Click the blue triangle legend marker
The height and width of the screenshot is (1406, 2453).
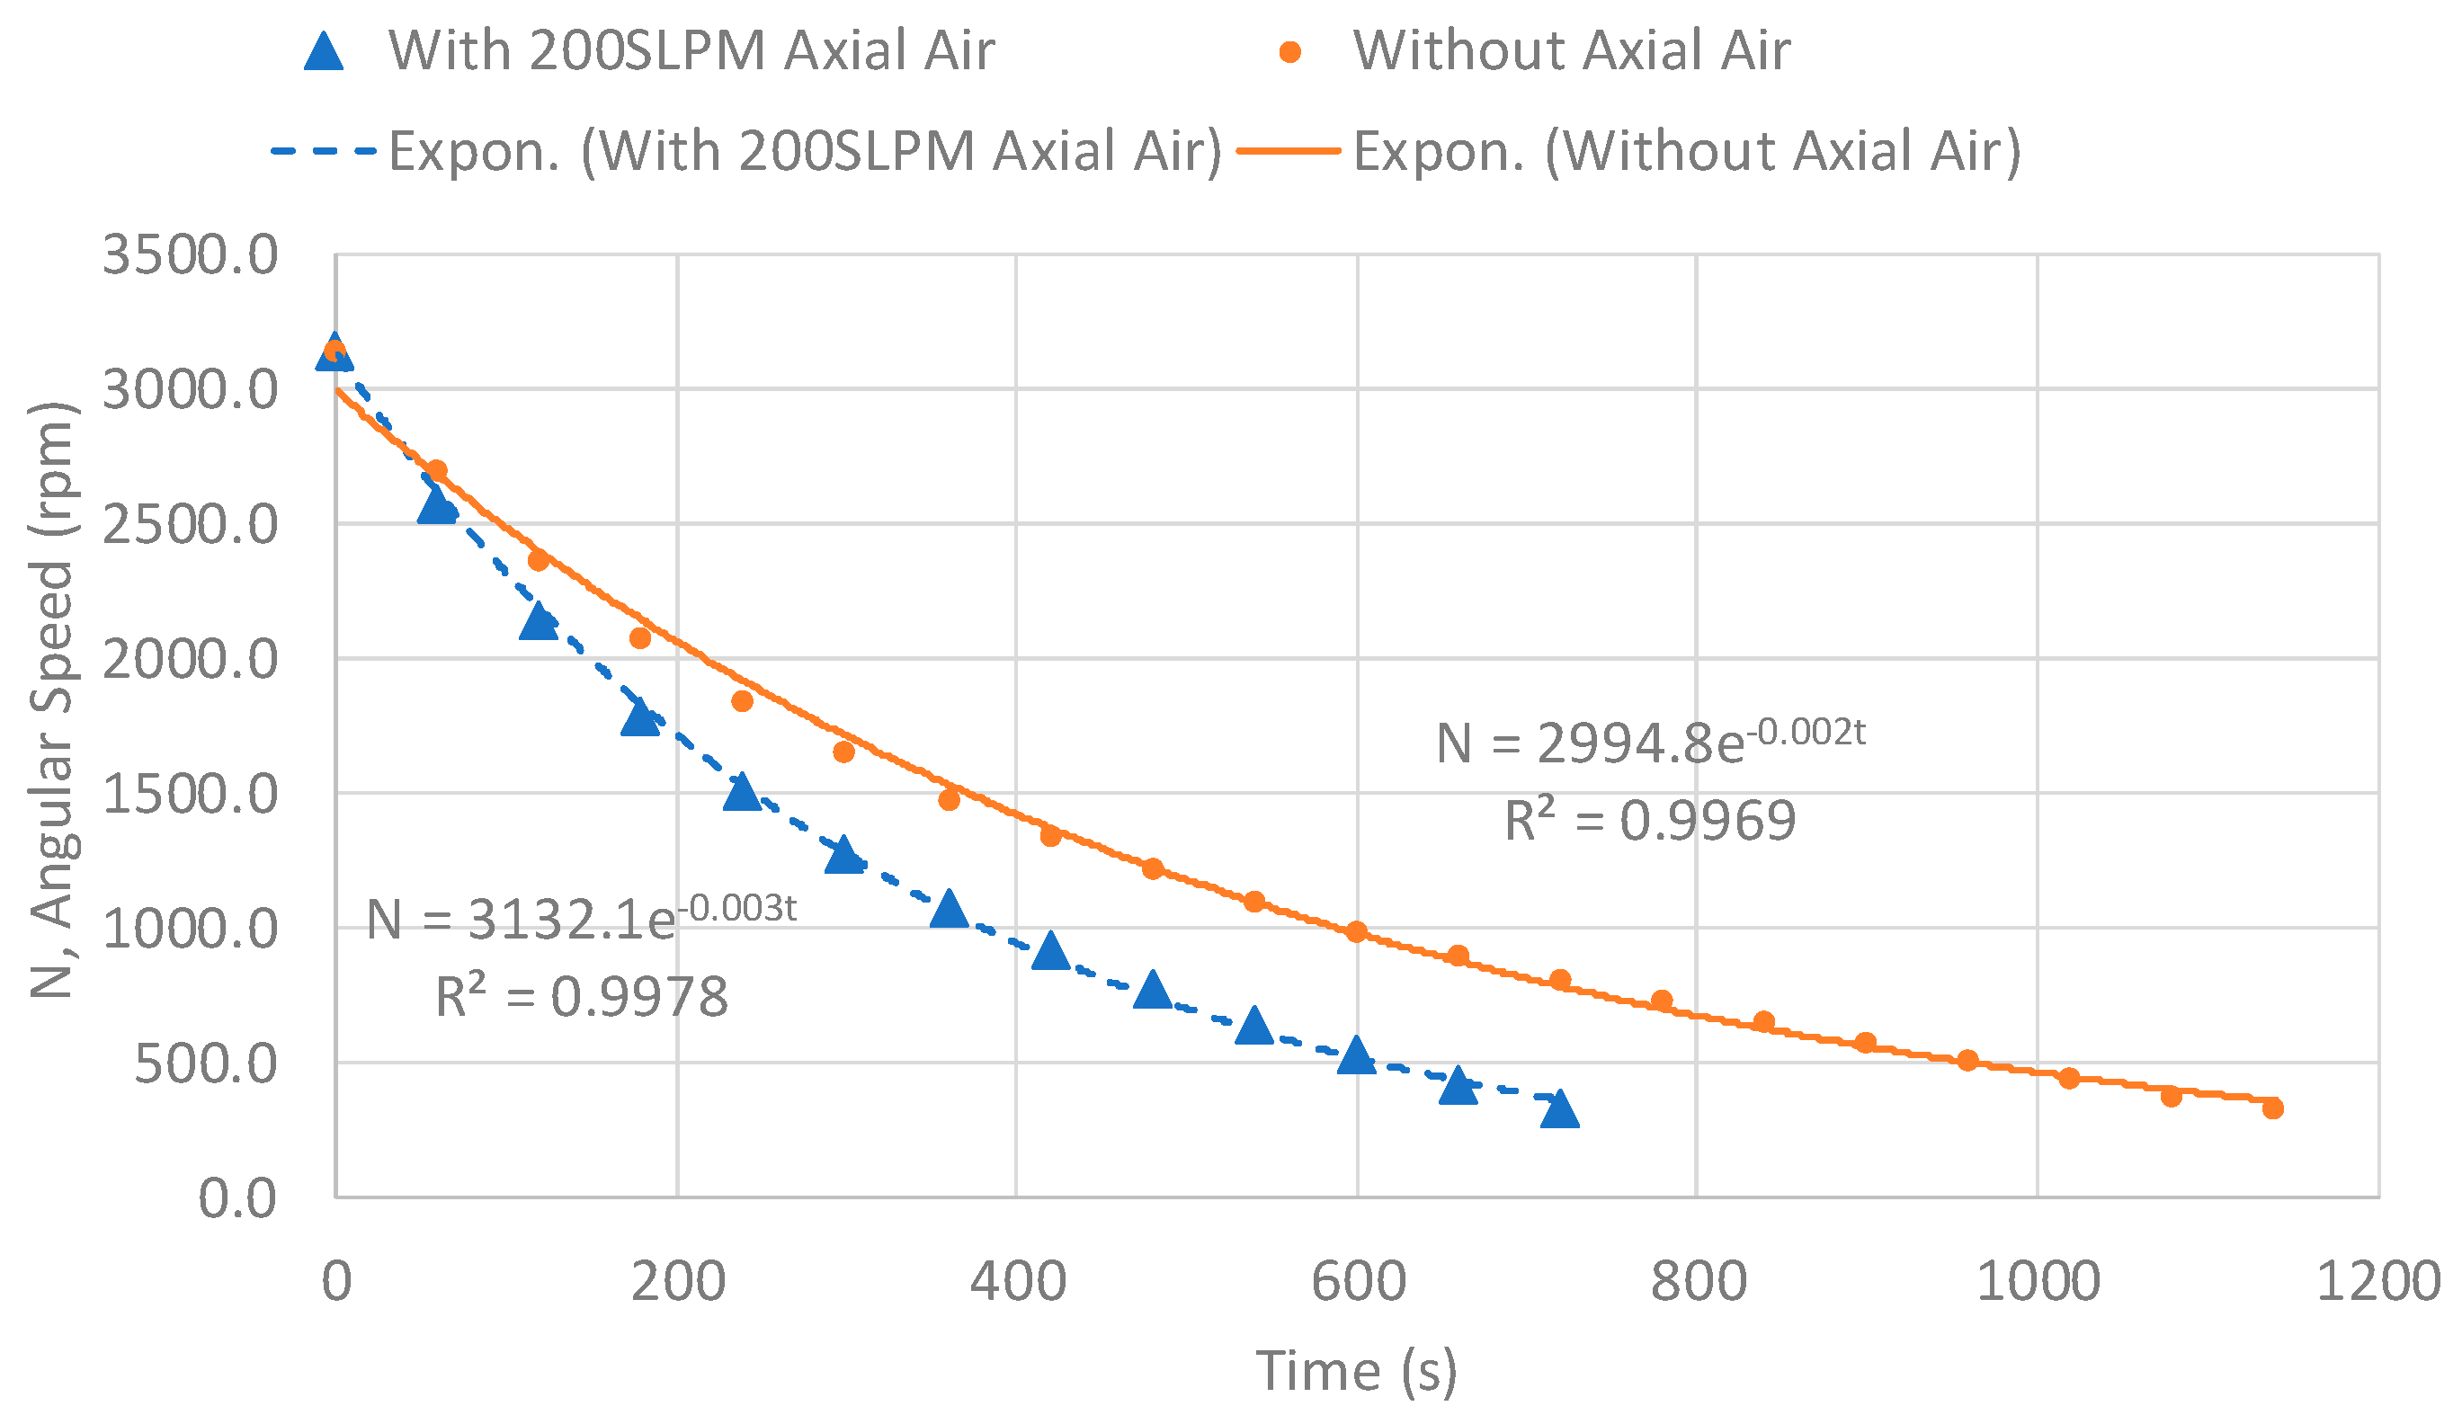[324, 51]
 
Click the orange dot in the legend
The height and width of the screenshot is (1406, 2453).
[1289, 51]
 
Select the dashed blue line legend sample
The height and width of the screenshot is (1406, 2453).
[324, 152]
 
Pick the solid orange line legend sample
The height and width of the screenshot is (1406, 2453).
[1289, 152]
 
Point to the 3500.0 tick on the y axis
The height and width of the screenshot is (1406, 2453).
[190, 256]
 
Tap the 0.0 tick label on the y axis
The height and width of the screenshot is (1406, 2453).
[236, 1199]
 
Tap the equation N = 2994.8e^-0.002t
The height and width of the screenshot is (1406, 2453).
[1649, 742]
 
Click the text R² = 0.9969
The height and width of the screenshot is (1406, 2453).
[1649, 821]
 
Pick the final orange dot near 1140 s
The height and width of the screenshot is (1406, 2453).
[2272, 1108]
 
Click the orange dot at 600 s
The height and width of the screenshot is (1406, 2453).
[1356, 932]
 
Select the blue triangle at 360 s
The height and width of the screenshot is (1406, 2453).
[949, 910]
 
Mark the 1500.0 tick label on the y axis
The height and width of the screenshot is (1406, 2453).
[190, 795]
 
